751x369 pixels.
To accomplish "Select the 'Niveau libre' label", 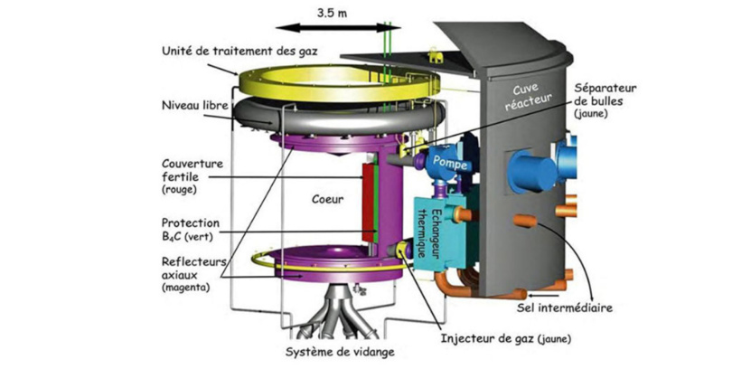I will (x=193, y=104).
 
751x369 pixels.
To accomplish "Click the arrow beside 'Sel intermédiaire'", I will (x=542, y=294).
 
